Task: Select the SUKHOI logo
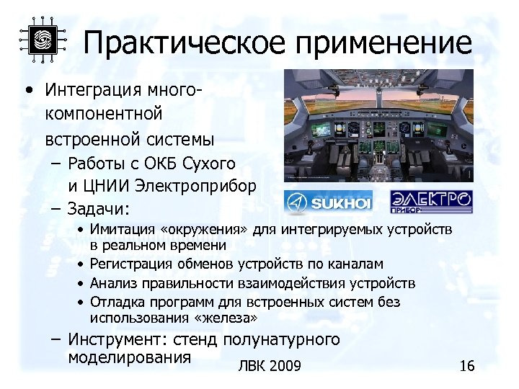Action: (328, 203)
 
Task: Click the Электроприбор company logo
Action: (431, 202)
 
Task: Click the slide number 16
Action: (466, 367)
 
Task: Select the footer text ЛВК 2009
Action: (269, 367)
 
